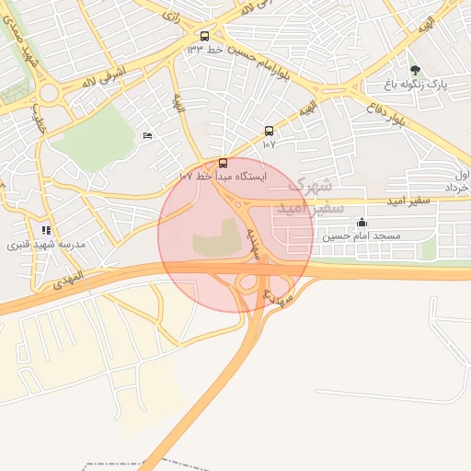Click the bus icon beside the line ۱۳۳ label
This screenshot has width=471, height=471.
tap(204, 37)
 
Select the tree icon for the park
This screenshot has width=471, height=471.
tap(416, 69)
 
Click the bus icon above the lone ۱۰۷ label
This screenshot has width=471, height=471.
tap(269, 132)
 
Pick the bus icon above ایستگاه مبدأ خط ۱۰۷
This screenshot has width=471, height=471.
tap(223, 163)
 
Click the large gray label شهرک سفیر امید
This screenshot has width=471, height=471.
tap(316, 196)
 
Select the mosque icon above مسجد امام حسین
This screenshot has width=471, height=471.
tap(362, 223)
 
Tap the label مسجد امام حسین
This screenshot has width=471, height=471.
tap(362, 235)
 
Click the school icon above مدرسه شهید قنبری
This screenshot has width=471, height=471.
tap(46, 231)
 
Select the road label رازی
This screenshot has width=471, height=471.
tap(171, 16)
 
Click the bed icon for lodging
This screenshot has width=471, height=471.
tap(148, 136)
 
